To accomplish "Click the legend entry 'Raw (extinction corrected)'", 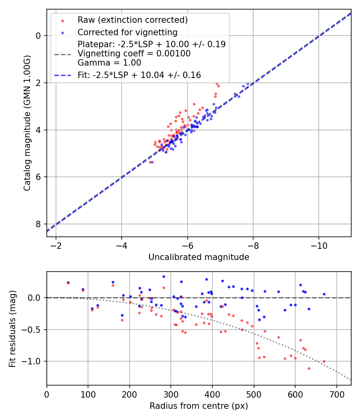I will pyautogui.click(x=132, y=20).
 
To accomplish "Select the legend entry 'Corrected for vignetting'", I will pyautogui.click(x=127, y=32).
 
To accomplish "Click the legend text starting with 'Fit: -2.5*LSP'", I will pyautogui.click(x=139, y=75).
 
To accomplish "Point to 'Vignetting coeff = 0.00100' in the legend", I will pyautogui.click(x=134, y=54).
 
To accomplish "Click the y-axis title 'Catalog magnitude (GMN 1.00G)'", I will pyautogui.click(x=27, y=123).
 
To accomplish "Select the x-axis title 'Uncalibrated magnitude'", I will pyautogui.click(x=199, y=257).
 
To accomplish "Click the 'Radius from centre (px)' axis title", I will pyautogui.click(x=199, y=406).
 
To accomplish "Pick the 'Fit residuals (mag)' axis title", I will pyautogui.click(x=12, y=328).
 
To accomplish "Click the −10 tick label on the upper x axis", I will pyautogui.click(x=318, y=245).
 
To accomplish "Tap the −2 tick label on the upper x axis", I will pyautogui.click(x=56, y=245).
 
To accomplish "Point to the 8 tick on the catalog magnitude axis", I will pyautogui.click(x=38, y=224).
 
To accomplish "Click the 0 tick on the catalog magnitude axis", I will pyautogui.click(x=38, y=36).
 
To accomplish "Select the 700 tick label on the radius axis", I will pyautogui.click(x=336, y=394).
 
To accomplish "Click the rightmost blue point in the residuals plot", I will pyautogui.click(x=324, y=294).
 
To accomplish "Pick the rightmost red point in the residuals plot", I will pyautogui.click(x=324, y=361).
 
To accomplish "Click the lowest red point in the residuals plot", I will pyautogui.click(x=309, y=368).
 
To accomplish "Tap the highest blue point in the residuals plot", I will pyautogui.click(x=164, y=276).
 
